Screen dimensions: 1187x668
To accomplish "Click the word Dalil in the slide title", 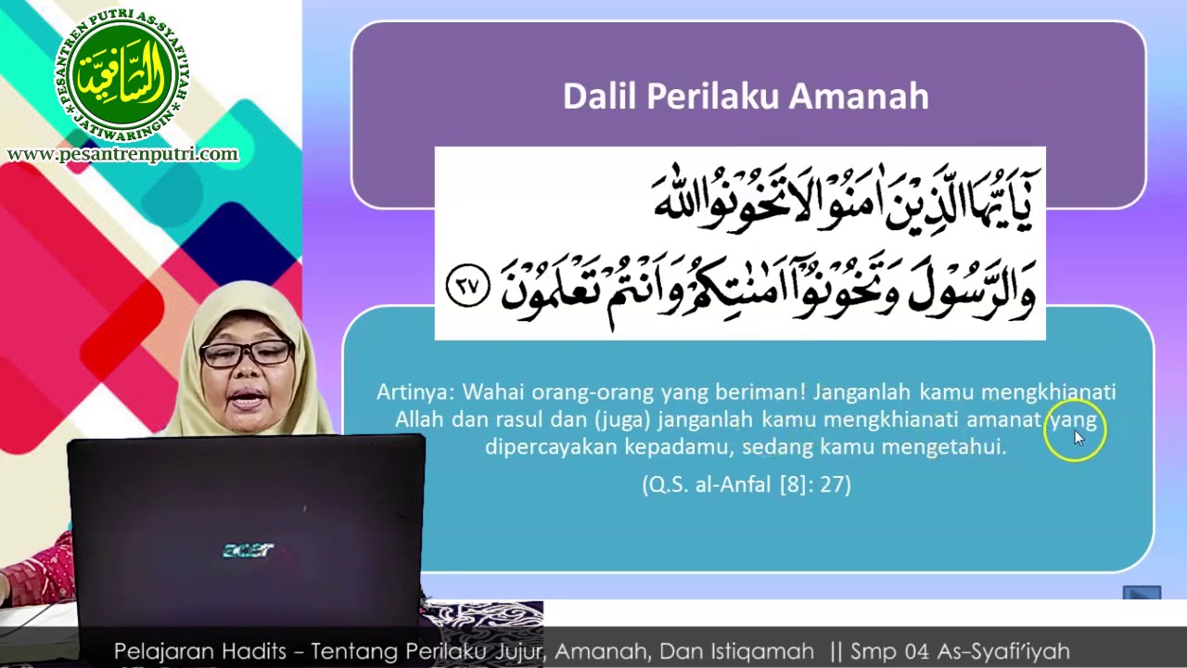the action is point(599,96).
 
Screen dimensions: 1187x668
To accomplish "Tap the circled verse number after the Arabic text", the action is point(468,286).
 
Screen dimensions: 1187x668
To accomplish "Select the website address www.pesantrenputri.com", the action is point(122,154).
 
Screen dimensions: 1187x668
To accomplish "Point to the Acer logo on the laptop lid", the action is point(248,550).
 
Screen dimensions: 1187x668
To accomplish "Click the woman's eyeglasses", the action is point(247,353).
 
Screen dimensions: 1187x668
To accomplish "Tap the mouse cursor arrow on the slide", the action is point(1079,439).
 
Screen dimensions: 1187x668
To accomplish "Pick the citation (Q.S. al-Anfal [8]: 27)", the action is point(747,484).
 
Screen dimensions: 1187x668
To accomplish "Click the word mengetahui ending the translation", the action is point(943,447).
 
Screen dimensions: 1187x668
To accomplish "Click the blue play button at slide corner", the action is point(1142,592).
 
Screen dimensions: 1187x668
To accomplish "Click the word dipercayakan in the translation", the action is point(551,447).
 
